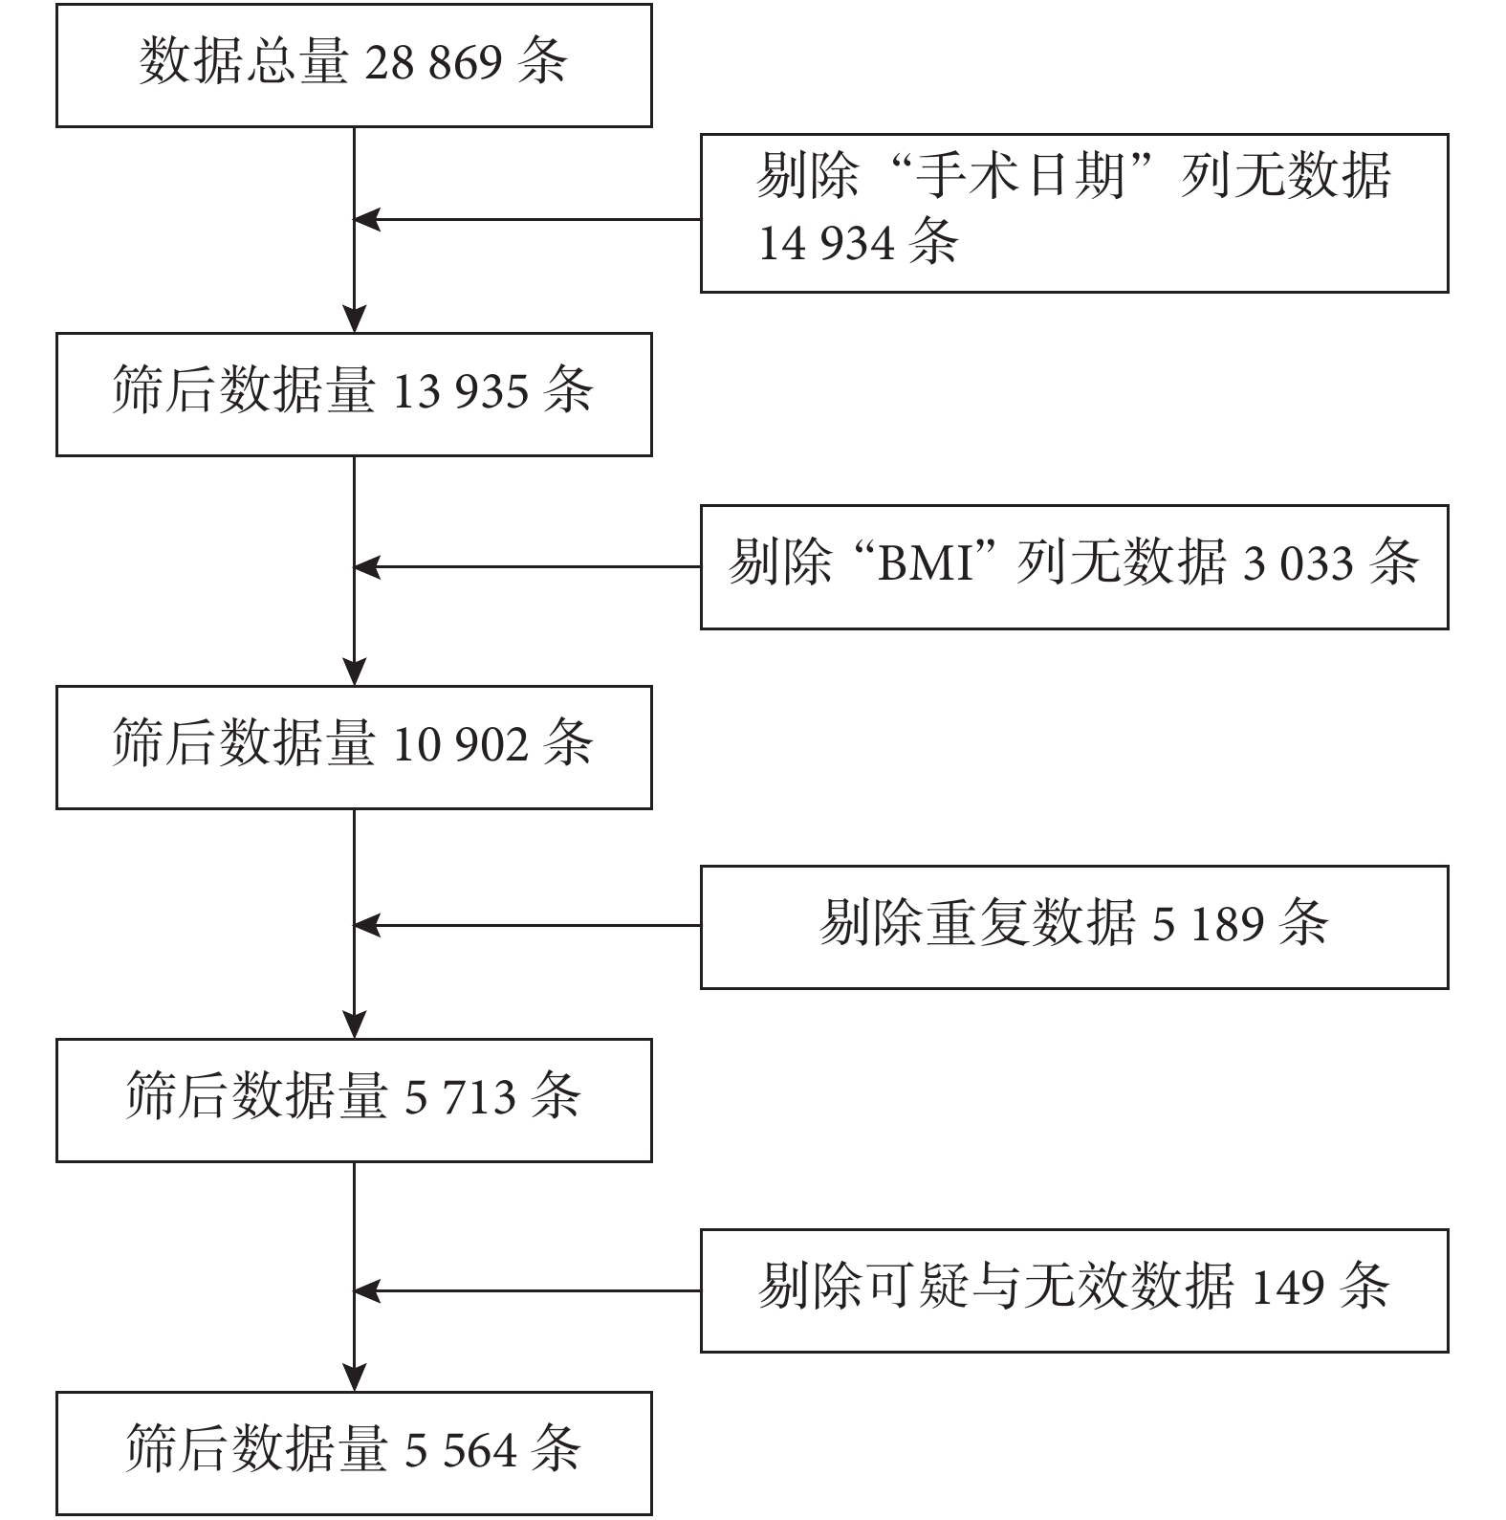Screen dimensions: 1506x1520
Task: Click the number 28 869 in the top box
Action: (x=433, y=63)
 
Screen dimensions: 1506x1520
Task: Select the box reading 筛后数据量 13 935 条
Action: (x=354, y=394)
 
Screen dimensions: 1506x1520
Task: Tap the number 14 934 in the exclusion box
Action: (x=826, y=243)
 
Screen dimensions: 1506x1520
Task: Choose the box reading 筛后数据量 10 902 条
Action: (x=354, y=747)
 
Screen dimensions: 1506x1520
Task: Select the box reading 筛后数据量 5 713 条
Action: (x=354, y=1100)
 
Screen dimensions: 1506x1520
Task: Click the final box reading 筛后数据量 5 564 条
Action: (x=354, y=1453)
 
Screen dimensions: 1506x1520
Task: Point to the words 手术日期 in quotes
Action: (x=1019, y=176)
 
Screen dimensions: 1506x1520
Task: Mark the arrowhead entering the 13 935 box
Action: (x=355, y=319)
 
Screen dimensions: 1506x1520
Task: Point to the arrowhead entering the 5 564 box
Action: (x=355, y=1378)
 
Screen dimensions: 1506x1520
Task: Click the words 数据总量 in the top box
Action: (x=244, y=63)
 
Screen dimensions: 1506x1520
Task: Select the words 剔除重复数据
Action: (x=977, y=924)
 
